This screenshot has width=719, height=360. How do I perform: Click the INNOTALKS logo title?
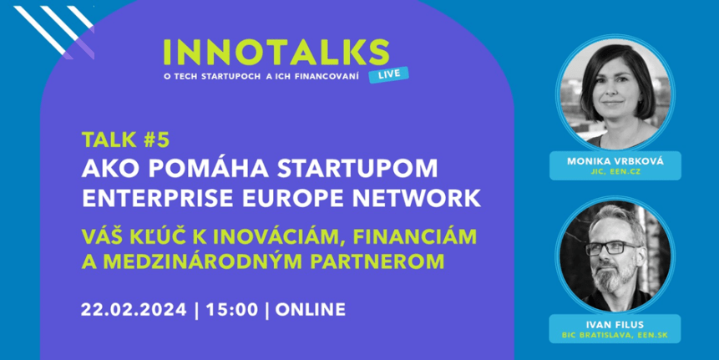click(276, 53)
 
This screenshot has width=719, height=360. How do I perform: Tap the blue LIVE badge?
click(388, 74)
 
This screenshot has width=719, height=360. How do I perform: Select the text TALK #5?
click(125, 140)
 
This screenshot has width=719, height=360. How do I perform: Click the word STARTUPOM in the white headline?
click(357, 169)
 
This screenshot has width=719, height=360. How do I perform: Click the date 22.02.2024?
click(134, 310)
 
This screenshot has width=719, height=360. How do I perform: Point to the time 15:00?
click(231, 310)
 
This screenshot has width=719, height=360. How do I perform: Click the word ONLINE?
click(311, 310)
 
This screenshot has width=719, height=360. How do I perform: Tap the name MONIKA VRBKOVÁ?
click(615, 161)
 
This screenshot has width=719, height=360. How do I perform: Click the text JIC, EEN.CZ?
click(615, 172)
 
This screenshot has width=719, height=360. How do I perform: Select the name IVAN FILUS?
click(615, 325)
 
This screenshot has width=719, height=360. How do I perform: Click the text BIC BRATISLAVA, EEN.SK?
click(615, 335)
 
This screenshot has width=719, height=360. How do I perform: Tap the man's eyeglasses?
click(614, 248)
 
